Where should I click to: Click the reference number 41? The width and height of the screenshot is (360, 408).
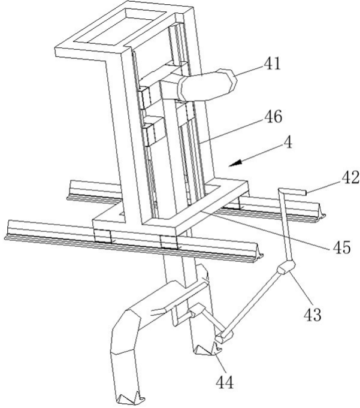(x=272, y=64)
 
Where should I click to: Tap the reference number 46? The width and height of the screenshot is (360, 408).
(x=273, y=116)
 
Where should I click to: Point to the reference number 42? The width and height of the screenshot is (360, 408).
(x=350, y=178)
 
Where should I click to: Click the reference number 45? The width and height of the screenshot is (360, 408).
(x=341, y=247)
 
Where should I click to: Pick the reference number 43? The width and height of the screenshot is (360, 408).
(x=313, y=314)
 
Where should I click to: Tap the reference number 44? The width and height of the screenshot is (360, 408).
(x=225, y=382)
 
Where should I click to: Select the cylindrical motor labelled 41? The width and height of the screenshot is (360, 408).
(x=207, y=85)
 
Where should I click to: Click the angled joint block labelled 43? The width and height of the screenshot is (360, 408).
(x=286, y=268)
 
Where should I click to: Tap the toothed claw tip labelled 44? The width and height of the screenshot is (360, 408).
(x=208, y=350)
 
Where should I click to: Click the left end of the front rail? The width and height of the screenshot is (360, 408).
(x=7, y=229)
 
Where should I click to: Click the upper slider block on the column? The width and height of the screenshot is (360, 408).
(x=144, y=98)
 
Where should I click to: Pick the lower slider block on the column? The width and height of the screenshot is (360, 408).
(x=149, y=132)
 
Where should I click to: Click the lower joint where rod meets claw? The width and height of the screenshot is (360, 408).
(x=223, y=337)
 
